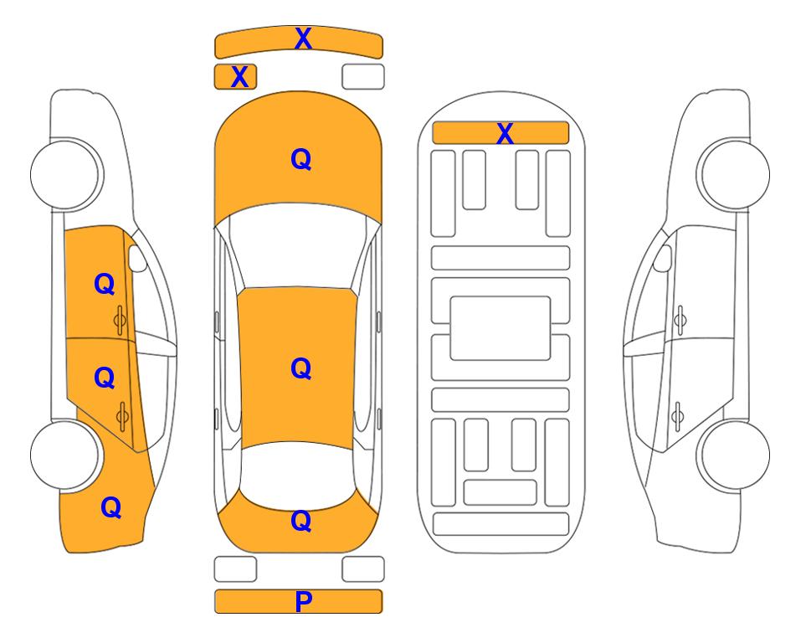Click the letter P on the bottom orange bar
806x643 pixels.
[x=303, y=601]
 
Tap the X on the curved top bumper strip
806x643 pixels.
[x=303, y=39]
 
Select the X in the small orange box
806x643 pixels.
[x=239, y=77]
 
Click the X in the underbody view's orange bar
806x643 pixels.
[x=505, y=133]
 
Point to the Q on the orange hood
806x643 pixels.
[x=301, y=159]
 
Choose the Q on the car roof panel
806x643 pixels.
[x=301, y=368]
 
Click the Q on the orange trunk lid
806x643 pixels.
[x=301, y=521]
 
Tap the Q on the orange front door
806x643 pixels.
[x=105, y=284]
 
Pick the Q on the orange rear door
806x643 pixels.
[x=105, y=378]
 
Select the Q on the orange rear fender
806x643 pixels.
[x=111, y=507]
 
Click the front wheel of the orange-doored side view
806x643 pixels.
[x=65, y=174]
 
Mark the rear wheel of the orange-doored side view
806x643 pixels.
[x=65, y=455]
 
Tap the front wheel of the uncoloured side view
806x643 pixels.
[x=735, y=174]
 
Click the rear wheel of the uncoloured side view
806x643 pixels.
[x=735, y=455]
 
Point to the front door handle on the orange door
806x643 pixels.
[x=121, y=321]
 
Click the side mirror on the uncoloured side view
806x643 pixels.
[x=662, y=259]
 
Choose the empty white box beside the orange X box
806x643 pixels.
[x=363, y=77]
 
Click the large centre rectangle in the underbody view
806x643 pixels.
[x=501, y=328]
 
